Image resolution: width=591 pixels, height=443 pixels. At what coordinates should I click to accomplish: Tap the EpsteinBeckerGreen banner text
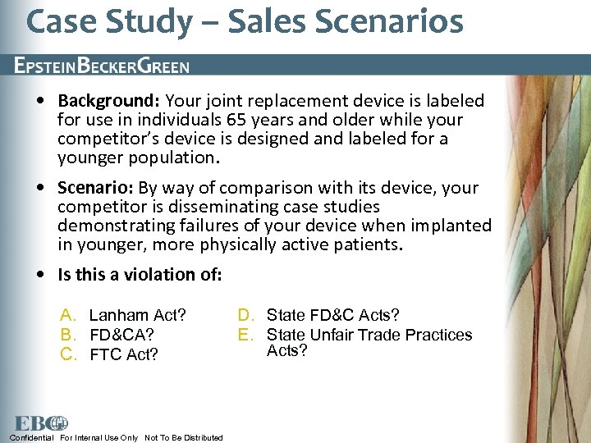click(101, 66)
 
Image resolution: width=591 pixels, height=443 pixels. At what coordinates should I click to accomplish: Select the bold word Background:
click(109, 101)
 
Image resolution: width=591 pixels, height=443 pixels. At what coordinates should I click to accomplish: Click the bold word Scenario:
click(95, 188)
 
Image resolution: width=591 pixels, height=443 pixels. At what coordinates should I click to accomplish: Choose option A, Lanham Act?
click(137, 315)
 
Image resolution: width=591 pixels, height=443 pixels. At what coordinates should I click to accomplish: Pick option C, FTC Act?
click(124, 354)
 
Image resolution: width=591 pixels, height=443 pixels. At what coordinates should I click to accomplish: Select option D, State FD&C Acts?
click(332, 315)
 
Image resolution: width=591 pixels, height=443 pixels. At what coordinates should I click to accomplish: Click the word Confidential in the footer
click(32, 437)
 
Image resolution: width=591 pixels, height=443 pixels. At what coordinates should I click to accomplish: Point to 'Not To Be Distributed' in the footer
click(183, 437)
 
